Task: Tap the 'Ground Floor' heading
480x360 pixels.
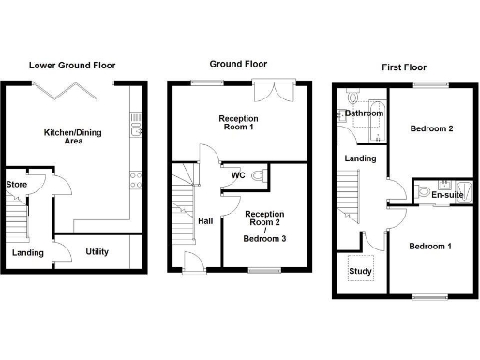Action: [x=231, y=63]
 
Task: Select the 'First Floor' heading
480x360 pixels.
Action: [x=405, y=67]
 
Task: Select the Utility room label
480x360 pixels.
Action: [x=97, y=251]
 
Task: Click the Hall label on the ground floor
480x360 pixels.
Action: [x=205, y=221]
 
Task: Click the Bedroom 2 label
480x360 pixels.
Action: [x=432, y=128]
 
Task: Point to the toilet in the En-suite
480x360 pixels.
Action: [x=425, y=192]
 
